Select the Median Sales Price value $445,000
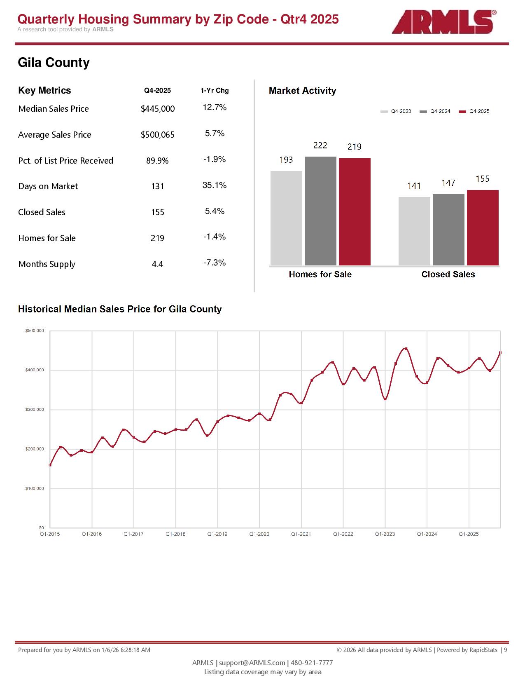(158, 109)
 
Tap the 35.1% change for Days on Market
(215, 185)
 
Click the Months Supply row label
(47, 264)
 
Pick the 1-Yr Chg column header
(215, 91)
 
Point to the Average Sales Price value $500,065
(158, 135)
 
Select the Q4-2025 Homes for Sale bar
(355, 211)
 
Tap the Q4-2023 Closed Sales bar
(414, 231)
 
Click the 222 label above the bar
(320, 145)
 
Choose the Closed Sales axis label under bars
(448, 274)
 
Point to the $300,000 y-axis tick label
(35, 410)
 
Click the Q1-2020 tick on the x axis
(259, 534)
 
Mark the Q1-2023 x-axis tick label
(385, 534)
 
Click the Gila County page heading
(54, 63)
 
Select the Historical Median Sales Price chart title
(120, 309)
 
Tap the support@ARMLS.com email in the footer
(252, 663)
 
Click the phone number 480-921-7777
(312, 663)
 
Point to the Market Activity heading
(302, 91)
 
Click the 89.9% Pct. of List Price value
(158, 161)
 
